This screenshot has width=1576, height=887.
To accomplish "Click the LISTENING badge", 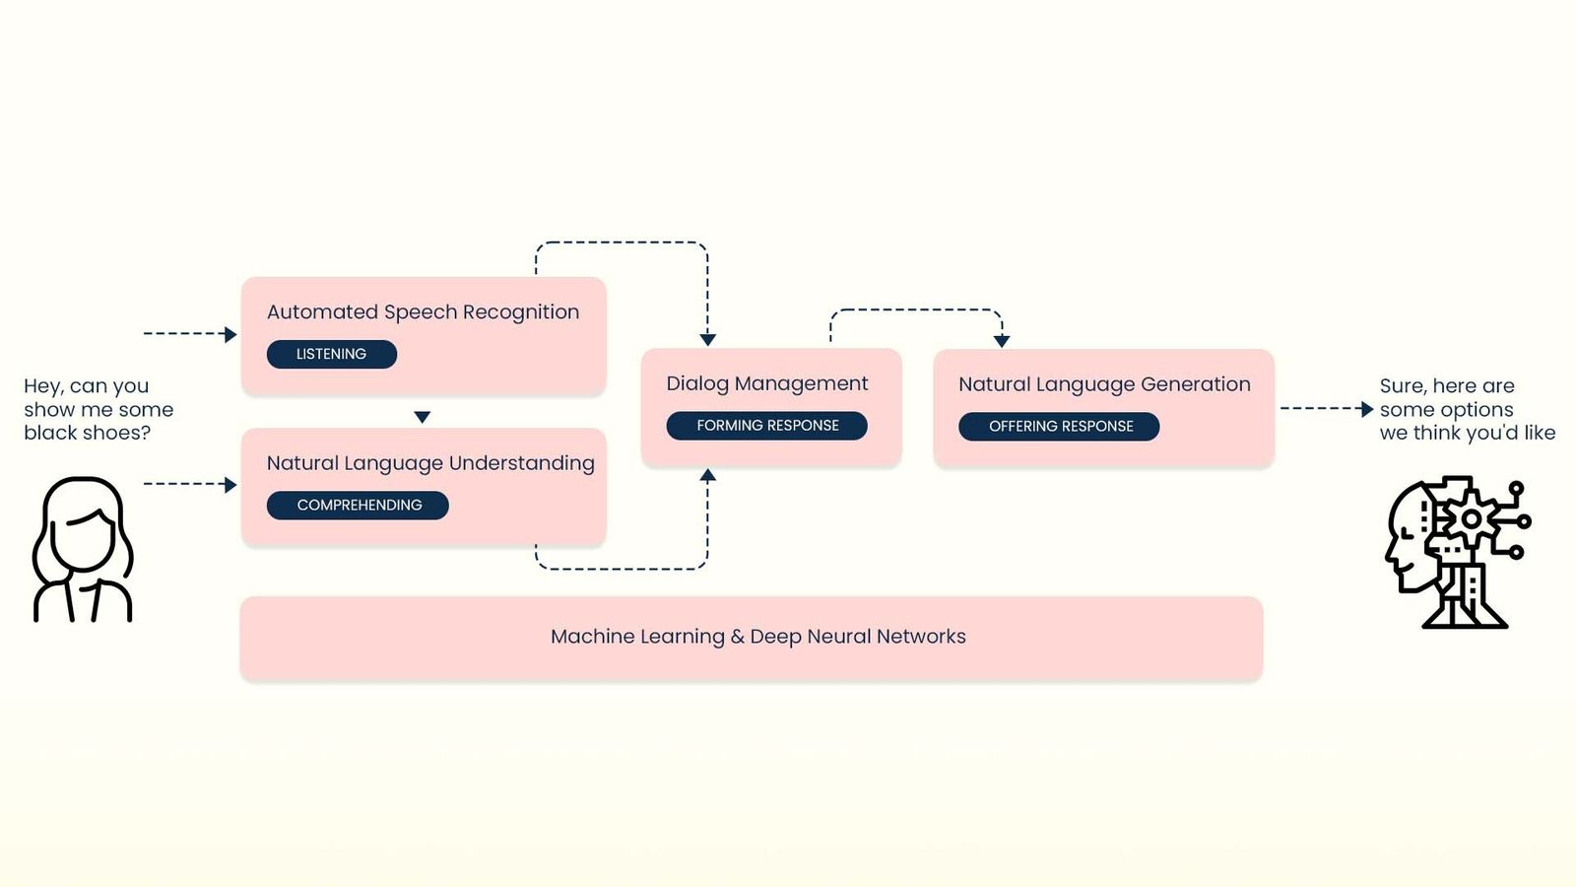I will point(331,354).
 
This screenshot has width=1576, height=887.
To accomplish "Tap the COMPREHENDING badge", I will point(359,505).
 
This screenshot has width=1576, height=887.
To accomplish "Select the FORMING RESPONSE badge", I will point(767,426).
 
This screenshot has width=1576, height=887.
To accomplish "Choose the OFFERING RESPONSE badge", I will point(1060,427).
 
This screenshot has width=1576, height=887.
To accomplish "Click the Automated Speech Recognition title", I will point(423,312).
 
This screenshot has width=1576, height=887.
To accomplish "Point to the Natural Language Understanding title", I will point(430,463).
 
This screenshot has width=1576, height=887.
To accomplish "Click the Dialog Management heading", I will point(766,383).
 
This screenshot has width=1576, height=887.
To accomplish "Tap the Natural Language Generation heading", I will point(1103,384).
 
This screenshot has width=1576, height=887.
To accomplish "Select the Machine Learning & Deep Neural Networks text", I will point(757,637).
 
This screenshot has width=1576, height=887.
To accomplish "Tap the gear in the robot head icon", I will point(1471,518).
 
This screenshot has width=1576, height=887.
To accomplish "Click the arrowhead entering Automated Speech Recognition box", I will point(230,334).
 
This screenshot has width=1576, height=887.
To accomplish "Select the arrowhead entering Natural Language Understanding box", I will point(230,485).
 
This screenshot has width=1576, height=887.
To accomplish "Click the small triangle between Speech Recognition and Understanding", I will point(423,417).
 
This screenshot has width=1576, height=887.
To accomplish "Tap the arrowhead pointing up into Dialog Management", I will point(707,475).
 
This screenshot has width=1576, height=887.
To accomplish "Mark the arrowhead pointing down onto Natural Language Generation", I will point(1002,341).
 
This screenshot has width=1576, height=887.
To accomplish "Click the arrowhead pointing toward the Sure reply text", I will point(1366,409).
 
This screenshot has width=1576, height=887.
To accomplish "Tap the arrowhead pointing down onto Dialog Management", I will point(707,340).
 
